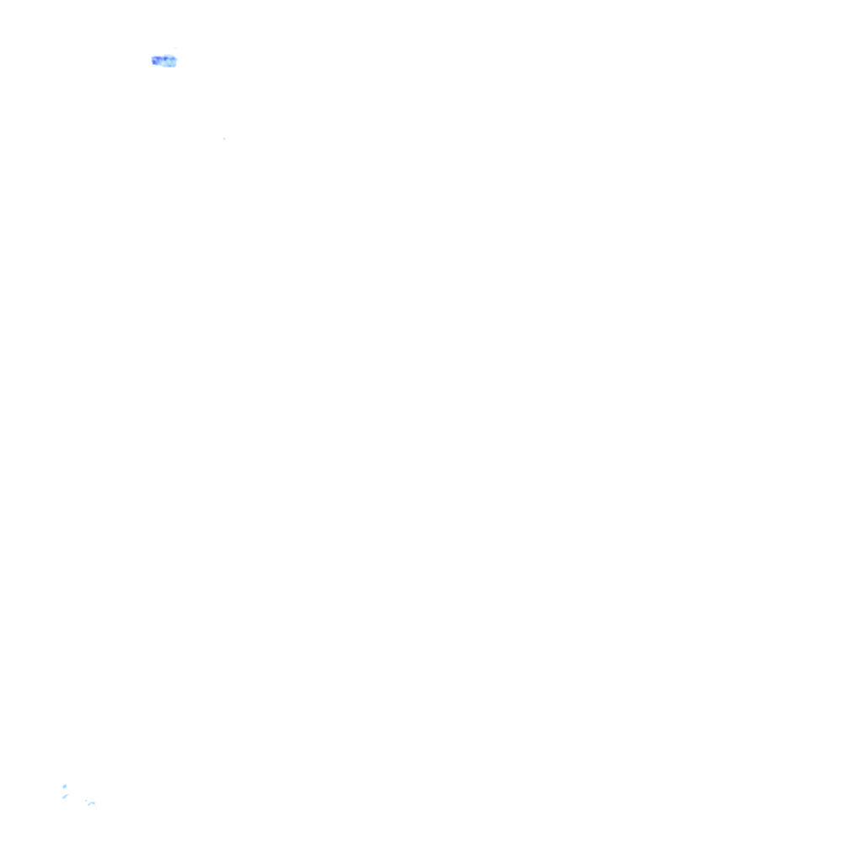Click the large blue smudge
coord(165,61)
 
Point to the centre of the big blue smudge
coord(165,61)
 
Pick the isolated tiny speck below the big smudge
coord(224,138)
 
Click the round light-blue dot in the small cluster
coord(64,786)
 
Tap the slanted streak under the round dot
coord(65,796)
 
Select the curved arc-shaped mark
coord(92,803)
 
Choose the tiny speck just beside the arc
coord(86,801)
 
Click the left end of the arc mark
coord(89,805)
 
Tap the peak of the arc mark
coord(92,802)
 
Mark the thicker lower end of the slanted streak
coord(63,797)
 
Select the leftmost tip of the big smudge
coord(152,59)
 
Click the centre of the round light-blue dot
coord(64,786)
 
